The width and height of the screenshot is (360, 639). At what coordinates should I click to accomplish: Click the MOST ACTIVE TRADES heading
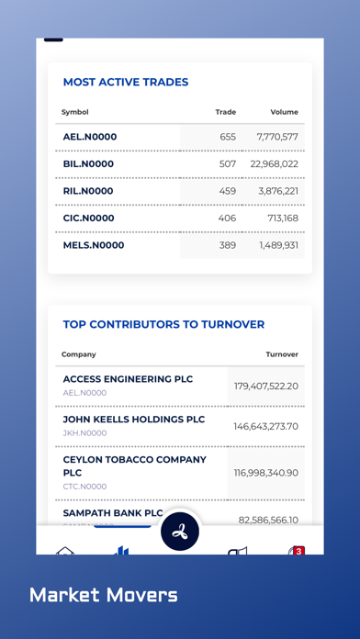click(x=126, y=83)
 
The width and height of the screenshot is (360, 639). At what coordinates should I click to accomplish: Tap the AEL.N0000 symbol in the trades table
click(x=90, y=137)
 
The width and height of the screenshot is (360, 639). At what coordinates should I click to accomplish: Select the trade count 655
click(x=228, y=137)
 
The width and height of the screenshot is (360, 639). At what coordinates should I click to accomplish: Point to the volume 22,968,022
click(x=274, y=164)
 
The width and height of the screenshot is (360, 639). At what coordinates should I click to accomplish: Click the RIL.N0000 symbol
click(x=88, y=191)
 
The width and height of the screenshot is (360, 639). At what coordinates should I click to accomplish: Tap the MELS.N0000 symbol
click(x=94, y=245)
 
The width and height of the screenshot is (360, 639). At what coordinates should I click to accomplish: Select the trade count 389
click(x=228, y=245)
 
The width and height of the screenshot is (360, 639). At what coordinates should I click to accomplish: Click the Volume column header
click(x=284, y=112)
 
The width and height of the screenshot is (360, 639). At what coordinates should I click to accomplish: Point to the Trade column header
click(x=225, y=112)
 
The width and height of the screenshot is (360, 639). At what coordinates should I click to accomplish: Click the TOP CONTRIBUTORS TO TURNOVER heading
click(x=163, y=324)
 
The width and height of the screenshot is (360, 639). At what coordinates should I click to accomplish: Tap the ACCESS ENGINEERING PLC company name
click(x=129, y=379)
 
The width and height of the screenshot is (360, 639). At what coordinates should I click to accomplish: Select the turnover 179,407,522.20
click(x=266, y=386)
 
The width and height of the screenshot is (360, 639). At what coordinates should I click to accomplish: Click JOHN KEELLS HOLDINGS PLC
click(x=134, y=420)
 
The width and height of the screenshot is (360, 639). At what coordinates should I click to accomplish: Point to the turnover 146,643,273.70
click(x=266, y=426)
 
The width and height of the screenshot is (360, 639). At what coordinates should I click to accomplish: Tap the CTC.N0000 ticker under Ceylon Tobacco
click(x=84, y=487)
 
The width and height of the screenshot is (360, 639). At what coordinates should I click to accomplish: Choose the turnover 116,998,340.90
click(x=266, y=472)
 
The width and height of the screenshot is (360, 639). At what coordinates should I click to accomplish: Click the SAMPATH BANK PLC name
click(x=113, y=513)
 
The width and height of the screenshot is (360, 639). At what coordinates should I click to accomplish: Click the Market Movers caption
click(x=104, y=595)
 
